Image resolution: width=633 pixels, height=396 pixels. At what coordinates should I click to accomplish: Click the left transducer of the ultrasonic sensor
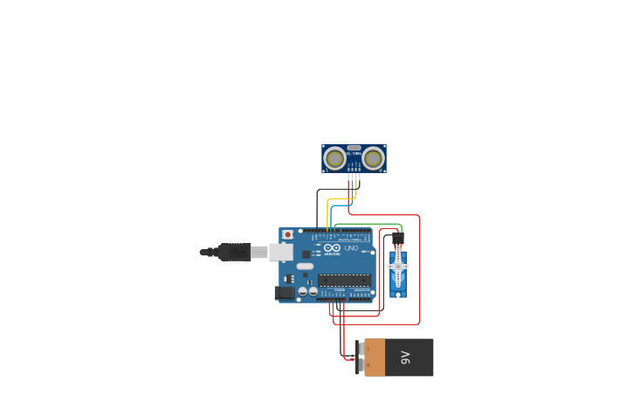coord(334,158)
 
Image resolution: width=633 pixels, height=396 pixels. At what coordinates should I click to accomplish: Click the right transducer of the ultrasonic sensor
coord(374,158)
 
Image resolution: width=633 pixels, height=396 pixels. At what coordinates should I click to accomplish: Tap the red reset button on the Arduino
coord(287,234)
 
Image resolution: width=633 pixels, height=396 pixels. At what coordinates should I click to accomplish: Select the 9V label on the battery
coord(405,358)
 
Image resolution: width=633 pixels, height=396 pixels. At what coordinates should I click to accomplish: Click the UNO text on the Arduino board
coord(351,249)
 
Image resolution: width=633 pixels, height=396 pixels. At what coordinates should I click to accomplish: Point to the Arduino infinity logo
coord(332,248)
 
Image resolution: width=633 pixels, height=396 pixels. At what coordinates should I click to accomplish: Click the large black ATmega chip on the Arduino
coord(344,280)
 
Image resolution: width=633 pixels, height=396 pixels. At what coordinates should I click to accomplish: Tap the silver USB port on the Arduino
coord(280,252)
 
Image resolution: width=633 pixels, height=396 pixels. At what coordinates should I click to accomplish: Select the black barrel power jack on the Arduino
coord(284,294)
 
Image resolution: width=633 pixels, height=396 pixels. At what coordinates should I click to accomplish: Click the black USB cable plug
coord(235,252)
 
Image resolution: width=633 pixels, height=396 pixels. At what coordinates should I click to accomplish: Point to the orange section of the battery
coord(375,358)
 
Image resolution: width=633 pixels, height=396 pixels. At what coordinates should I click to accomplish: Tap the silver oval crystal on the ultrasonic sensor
coord(354,148)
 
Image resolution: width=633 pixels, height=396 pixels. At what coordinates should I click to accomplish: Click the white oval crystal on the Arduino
coord(304,266)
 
